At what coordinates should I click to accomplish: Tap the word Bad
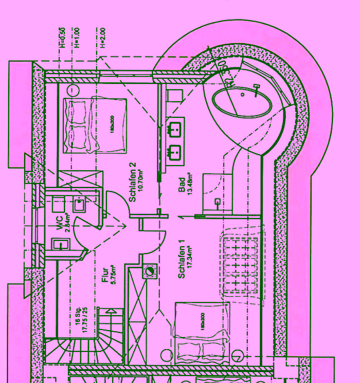click(182, 185)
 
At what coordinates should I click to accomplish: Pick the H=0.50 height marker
click(62, 37)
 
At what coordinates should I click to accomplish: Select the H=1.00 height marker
click(77, 37)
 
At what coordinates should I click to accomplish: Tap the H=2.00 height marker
click(103, 37)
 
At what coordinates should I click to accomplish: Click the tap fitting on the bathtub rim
click(256, 87)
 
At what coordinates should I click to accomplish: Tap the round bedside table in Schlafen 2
click(74, 90)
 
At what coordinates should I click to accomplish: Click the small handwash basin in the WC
click(60, 244)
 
